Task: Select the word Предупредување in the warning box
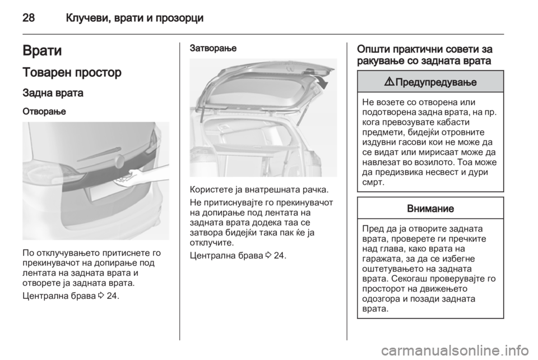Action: tap(435, 82)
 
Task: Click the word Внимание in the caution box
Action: tap(430, 208)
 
